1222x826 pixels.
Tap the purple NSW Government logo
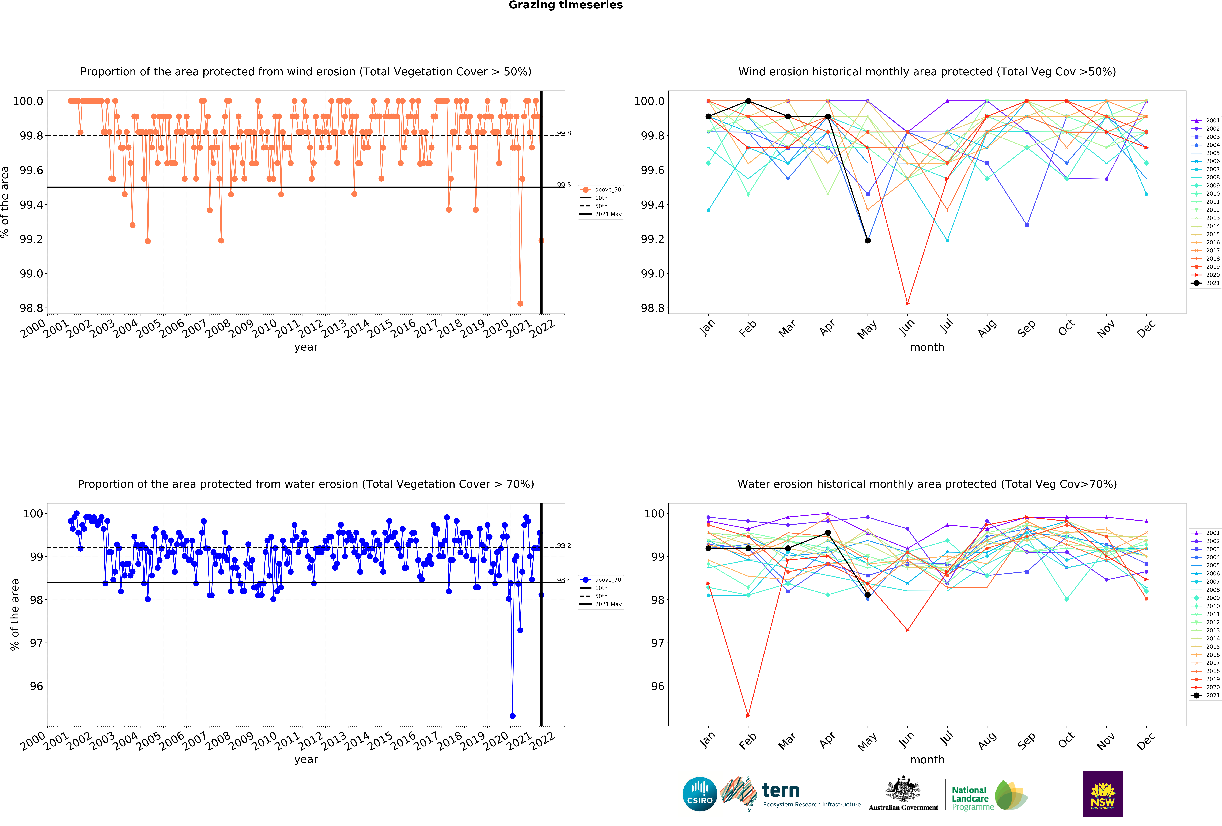[1103, 794]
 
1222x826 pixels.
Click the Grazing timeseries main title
[565, 5]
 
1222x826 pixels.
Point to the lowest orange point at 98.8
[520, 303]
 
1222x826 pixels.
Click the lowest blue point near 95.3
[513, 716]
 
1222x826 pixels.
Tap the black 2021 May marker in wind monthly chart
[868, 240]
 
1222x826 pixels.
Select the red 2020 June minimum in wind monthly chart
[907, 303]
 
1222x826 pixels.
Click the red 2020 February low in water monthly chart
[748, 716]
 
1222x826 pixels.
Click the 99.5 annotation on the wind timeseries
[564, 184]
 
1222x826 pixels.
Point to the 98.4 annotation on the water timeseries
[564, 580]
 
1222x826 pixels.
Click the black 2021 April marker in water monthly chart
[828, 533]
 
